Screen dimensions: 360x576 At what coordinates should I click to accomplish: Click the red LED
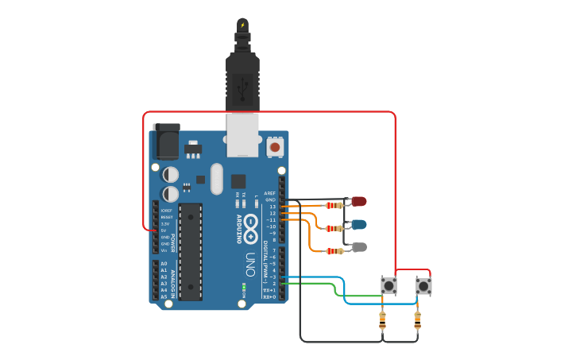point(359,202)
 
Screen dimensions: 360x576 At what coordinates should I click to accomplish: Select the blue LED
point(359,224)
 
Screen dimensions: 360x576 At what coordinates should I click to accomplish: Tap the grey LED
point(359,247)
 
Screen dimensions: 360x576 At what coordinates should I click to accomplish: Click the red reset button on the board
point(275,146)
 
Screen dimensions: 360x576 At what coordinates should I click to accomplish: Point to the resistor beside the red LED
point(334,205)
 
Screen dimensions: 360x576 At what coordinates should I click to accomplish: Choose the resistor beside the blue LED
point(334,228)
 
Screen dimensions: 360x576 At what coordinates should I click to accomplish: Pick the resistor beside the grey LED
point(334,251)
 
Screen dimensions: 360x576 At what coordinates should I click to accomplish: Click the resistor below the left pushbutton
point(382,320)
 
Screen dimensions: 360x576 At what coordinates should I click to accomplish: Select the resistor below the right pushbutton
point(417,320)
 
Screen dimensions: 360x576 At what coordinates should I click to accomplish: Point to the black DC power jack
point(166,141)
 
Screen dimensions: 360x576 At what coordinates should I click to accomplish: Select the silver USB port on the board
point(242,134)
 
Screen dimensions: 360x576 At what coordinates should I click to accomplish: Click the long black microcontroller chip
point(191,251)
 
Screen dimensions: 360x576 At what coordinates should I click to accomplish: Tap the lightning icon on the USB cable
point(242,25)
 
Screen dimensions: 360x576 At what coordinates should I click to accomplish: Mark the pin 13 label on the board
point(273,207)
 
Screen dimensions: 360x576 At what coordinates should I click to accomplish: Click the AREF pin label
point(270,193)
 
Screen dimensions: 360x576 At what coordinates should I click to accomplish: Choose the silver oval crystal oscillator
point(217,179)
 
